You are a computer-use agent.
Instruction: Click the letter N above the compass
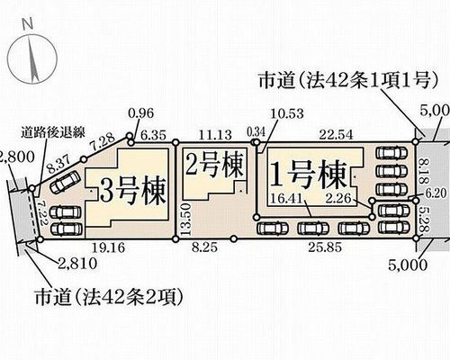pyautogui.click(x=28, y=24)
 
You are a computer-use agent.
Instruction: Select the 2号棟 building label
pyautogui.click(x=214, y=166)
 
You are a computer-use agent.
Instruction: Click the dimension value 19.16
pyautogui.click(x=108, y=248)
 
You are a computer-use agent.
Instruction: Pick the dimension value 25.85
pyautogui.click(x=325, y=247)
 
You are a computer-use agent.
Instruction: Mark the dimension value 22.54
pyautogui.click(x=336, y=135)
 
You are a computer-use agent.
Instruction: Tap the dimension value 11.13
pyautogui.click(x=215, y=135)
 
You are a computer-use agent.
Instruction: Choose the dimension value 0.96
pyautogui.click(x=140, y=113)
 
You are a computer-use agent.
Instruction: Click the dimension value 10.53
pyautogui.click(x=287, y=113)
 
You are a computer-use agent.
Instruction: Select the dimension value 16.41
pyautogui.click(x=288, y=198)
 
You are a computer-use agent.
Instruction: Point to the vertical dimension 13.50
pyautogui.click(x=184, y=220)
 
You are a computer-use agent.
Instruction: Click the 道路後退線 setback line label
pyautogui.click(x=53, y=133)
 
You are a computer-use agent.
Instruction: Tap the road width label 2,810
pyautogui.click(x=77, y=264)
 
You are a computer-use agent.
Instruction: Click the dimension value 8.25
pyautogui.click(x=205, y=248)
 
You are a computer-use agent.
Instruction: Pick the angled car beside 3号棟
pyautogui.click(x=65, y=183)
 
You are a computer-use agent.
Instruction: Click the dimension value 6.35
pyautogui.click(x=153, y=135)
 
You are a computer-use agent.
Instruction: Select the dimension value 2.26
pyautogui.click(x=338, y=198)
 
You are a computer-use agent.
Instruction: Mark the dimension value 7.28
pyautogui.click(x=103, y=143)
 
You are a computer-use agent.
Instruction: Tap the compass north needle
pyautogui.click(x=32, y=59)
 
